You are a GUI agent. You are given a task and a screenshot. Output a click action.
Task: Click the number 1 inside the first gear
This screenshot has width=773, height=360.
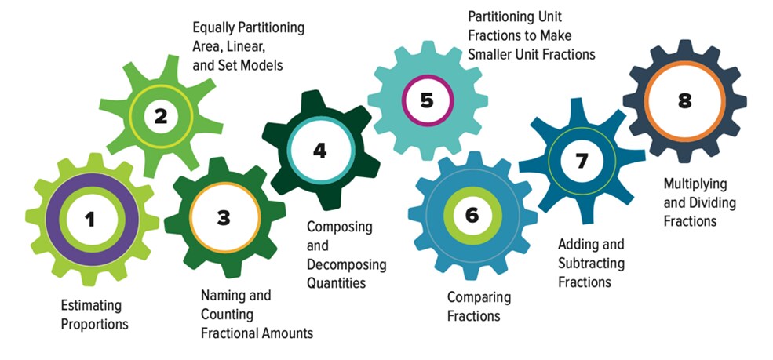tap(90, 219)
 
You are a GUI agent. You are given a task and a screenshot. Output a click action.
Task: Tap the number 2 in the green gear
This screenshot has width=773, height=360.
tap(161, 117)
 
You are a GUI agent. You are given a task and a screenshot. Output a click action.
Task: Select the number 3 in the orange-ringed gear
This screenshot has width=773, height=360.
tap(224, 217)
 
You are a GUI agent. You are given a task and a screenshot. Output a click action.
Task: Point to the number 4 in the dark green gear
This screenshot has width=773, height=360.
tap(319, 150)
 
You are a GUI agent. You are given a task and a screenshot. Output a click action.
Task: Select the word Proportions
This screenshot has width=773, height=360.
tap(95, 323)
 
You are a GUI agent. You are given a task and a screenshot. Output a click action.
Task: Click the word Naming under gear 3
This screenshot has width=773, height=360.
tap(223, 296)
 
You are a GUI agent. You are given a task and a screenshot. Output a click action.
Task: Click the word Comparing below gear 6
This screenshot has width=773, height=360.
tap(479, 298)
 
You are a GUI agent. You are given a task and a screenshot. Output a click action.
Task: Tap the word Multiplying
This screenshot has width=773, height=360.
tap(695, 184)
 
